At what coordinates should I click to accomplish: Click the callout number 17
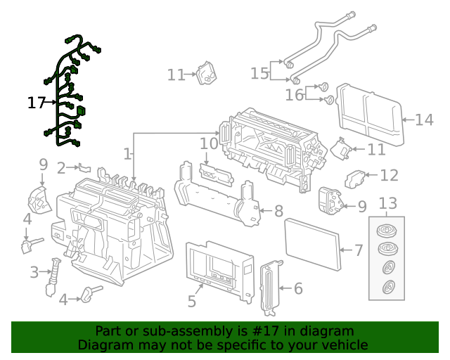[36, 103]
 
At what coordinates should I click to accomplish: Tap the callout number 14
[424, 120]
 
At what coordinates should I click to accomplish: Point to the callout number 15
[259, 73]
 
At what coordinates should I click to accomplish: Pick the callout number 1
[127, 153]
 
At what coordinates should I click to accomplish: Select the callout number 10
[209, 143]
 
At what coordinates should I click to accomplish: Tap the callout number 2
[61, 167]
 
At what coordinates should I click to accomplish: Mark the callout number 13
[388, 204]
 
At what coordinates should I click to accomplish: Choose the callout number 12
[389, 175]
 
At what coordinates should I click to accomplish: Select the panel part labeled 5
[218, 267]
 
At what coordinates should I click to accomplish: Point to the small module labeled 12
[355, 179]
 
